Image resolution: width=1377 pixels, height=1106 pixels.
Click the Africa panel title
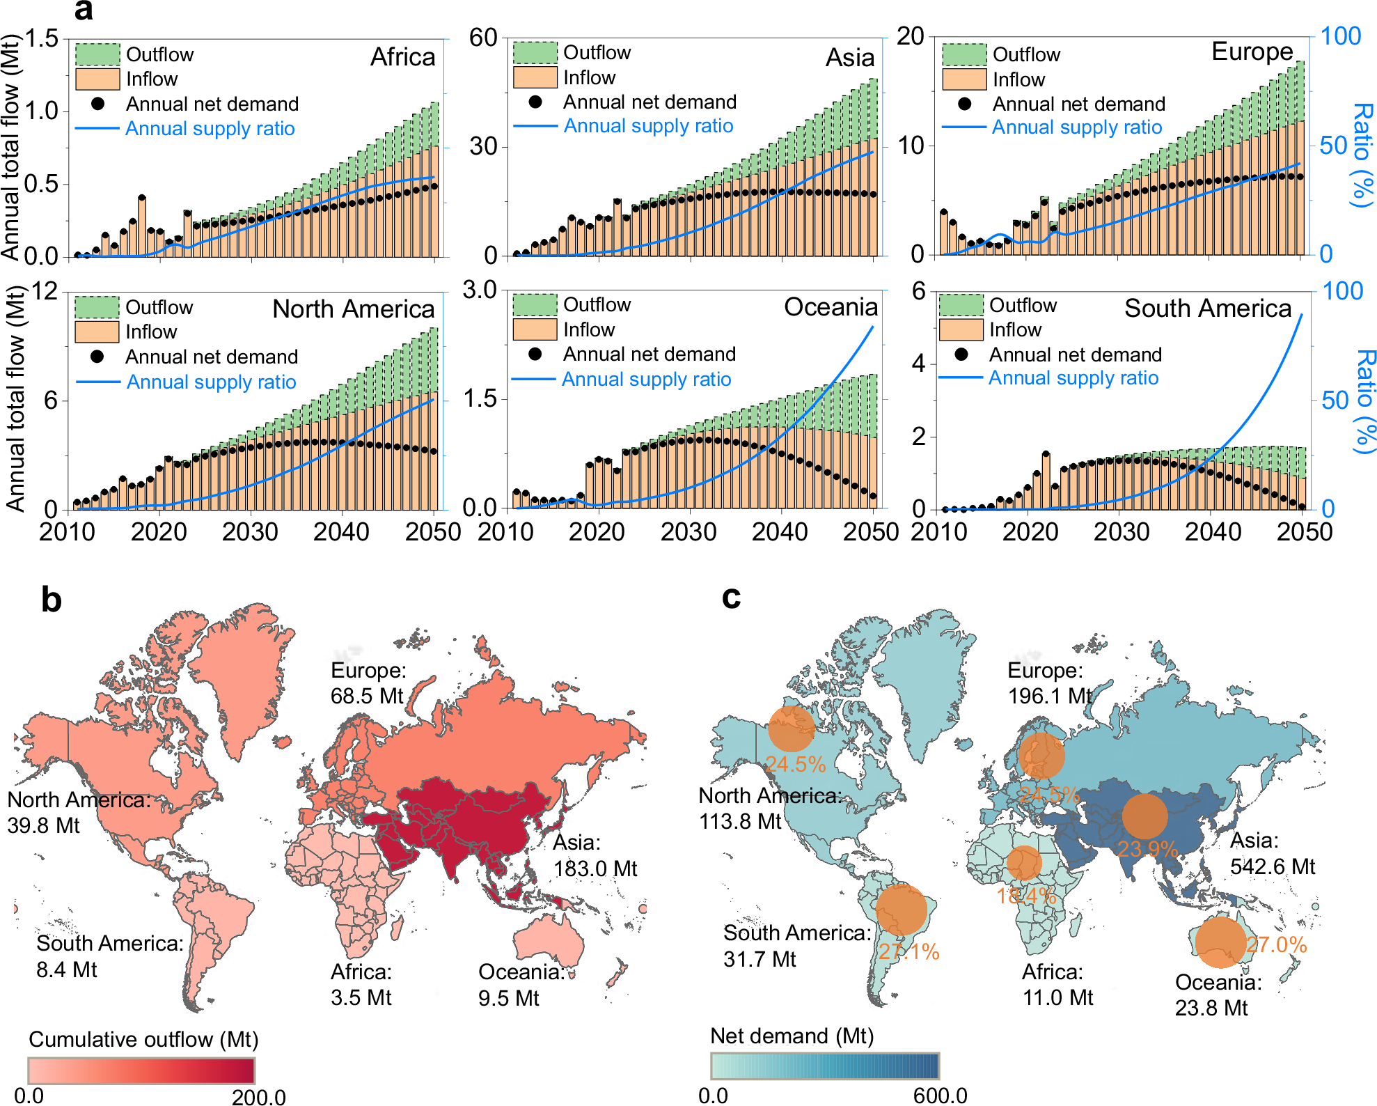[x=402, y=57]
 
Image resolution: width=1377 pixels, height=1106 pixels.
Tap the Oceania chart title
[x=831, y=307]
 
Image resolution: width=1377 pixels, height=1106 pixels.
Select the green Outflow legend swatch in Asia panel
[x=535, y=52]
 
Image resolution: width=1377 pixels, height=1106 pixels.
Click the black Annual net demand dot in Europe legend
[x=964, y=104]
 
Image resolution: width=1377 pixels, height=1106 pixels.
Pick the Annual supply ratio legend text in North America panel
[x=211, y=382]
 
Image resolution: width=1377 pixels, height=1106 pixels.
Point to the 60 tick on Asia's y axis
[x=483, y=38]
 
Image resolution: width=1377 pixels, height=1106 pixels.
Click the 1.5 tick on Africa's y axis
[x=42, y=38]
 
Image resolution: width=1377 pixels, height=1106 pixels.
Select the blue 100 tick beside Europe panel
[x=1340, y=36]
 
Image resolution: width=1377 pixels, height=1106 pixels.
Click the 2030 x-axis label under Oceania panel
[x=688, y=532]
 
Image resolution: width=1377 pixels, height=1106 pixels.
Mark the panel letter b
[x=52, y=600]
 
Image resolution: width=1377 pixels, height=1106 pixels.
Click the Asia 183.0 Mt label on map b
[x=595, y=856]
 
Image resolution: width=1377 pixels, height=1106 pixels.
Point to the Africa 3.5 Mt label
[x=361, y=985]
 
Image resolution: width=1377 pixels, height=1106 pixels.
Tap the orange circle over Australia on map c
[x=1220, y=942]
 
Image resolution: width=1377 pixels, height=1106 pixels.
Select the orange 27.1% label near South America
[x=908, y=951]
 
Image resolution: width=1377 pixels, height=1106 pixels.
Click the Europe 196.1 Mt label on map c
[x=1050, y=683]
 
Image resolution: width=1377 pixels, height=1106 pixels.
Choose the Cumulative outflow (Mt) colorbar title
[x=143, y=1039]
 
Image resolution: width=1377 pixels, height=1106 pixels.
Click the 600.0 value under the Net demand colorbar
[x=940, y=1096]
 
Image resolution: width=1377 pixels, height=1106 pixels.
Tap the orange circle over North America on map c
[x=791, y=729]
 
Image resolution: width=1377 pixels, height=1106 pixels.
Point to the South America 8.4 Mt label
[x=110, y=956]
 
